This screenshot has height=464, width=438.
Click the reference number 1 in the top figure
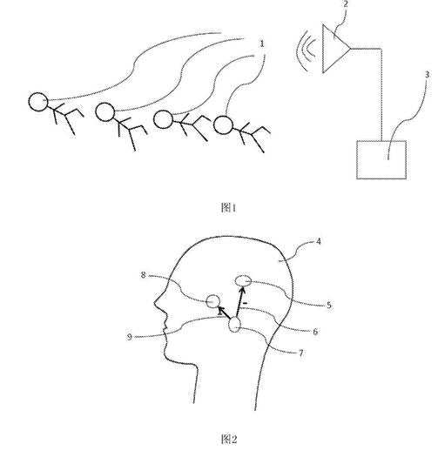(261, 44)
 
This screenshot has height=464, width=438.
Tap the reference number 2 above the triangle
(346, 3)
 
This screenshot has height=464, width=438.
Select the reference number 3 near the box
(427, 75)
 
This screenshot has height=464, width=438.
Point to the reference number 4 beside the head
(319, 241)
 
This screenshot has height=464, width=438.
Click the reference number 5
(329, 305)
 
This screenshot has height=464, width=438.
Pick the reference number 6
(315, 332)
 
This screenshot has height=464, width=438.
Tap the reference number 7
(300, 353)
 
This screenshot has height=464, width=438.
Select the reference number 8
(143, 275)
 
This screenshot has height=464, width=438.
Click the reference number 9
(130, 337)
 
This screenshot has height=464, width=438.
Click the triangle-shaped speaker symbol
(336, 49)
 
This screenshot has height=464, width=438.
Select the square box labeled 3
(381, 160)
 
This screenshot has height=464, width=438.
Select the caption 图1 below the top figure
(228, 208)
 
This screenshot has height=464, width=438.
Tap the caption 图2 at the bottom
(229, 439)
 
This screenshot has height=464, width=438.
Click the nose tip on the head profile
(154, 302)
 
